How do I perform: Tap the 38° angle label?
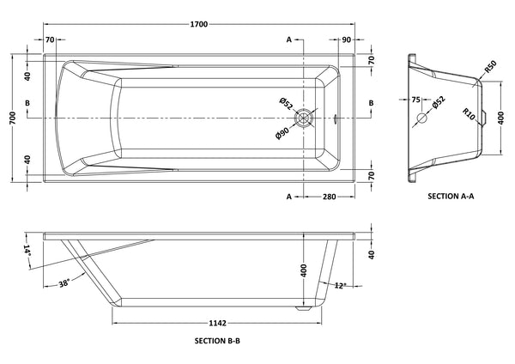[64, 283]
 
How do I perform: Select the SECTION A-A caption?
[451, 197]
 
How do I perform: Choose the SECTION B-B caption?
[217, 341]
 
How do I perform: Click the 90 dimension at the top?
[346, 40]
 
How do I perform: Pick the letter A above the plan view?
[289, 40]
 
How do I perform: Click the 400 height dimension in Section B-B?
[303, 270]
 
